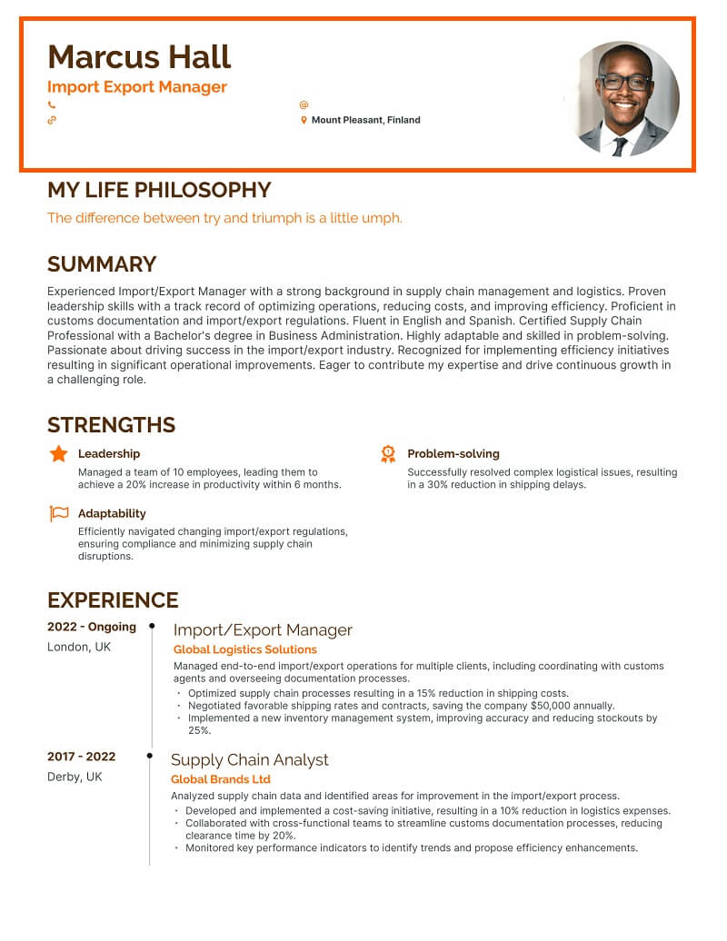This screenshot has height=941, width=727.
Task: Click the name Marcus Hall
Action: point(139,57)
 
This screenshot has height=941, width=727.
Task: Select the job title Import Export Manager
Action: point(137,87)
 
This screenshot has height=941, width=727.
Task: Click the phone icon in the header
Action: point(52,105)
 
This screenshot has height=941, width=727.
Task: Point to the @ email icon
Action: point(304,105)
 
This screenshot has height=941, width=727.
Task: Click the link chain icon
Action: point(52,120)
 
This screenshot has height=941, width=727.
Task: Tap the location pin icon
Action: point(304,120)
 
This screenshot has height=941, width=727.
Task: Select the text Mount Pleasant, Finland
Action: point(365,120)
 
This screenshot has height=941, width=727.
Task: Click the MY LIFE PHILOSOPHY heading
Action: point(159,190)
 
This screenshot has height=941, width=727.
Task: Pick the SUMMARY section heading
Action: point(102,264)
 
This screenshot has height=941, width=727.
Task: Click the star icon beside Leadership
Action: point(58,453)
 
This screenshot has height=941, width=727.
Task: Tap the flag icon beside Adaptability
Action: point(58,514)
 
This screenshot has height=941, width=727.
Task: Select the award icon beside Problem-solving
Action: point(388,453)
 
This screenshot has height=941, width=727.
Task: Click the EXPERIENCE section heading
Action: point(113,600)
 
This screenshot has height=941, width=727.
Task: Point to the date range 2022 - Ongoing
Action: point(92,627)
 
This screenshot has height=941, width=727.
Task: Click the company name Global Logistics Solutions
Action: point(245,649)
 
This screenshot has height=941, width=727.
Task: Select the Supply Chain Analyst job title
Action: point(250,759)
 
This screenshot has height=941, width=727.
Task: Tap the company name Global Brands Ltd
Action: point(221,779)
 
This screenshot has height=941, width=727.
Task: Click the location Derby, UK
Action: point(75,777)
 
